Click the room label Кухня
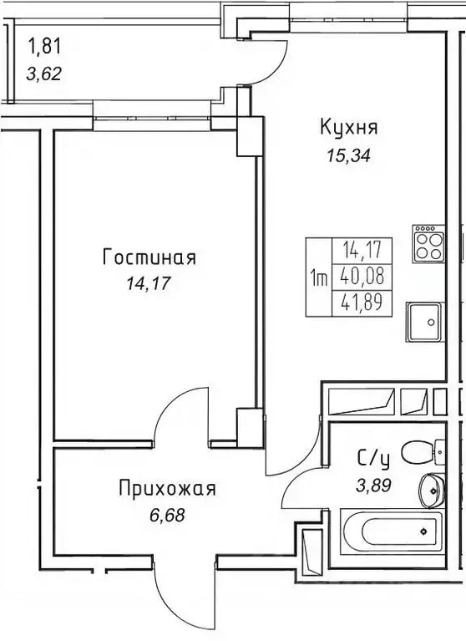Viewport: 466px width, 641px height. click(x=349, y=128)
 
